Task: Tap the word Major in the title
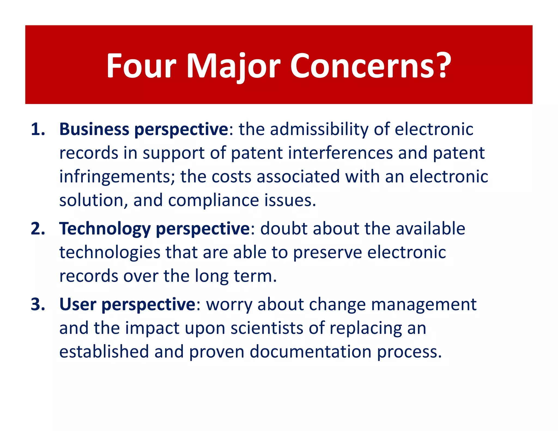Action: pyautogui.click(x=233, y=66)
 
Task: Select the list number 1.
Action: pyautogui.click(x=38, y=129)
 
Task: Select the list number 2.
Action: pyautogui.click(x=38, y=229)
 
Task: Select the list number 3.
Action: pyautogui.click(x=38, y=304)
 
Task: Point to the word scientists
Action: pyautogui.click(x=267, y=328)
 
